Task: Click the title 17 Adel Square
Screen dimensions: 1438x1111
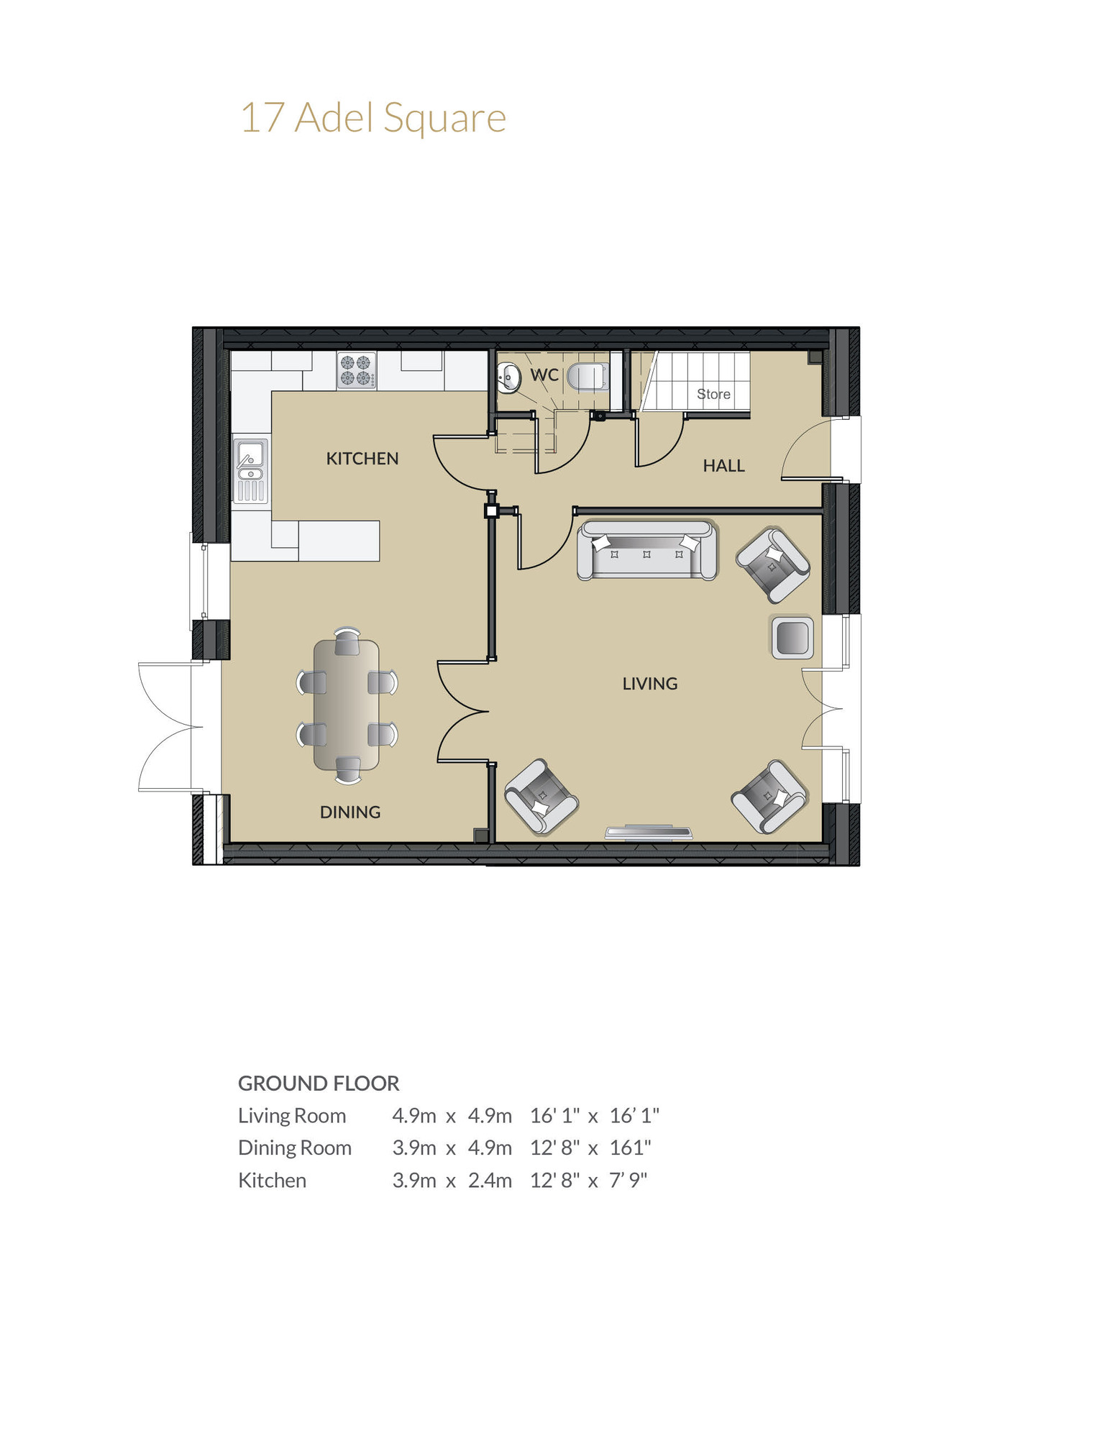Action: tap(372, 118)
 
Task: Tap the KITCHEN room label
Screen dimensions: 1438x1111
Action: tap(362, 459)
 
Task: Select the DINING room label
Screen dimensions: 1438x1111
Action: tap(349, 812)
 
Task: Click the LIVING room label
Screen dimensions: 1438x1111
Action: tap(649, 684)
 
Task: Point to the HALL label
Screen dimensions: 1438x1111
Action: tap(723, 466)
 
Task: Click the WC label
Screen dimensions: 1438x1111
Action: tap(544, 375)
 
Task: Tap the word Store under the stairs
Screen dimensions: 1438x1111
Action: tap(713, 394)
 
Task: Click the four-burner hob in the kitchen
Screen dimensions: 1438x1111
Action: tap(357, 371)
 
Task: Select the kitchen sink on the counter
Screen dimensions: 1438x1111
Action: tap(250, 471)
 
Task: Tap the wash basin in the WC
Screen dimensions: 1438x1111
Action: tap(509, 377)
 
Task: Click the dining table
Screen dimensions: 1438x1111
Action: tap(347, 705)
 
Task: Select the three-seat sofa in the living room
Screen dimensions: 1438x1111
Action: tap(646, 550)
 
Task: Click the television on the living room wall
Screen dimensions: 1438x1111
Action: tap(648, 833)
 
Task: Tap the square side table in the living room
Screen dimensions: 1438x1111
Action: tap(792, 637)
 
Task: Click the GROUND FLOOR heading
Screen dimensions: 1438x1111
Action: tap(319, 1083)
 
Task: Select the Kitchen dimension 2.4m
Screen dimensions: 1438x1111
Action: tap(490, 1180)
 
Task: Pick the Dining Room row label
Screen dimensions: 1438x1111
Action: tap(295, 1148)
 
